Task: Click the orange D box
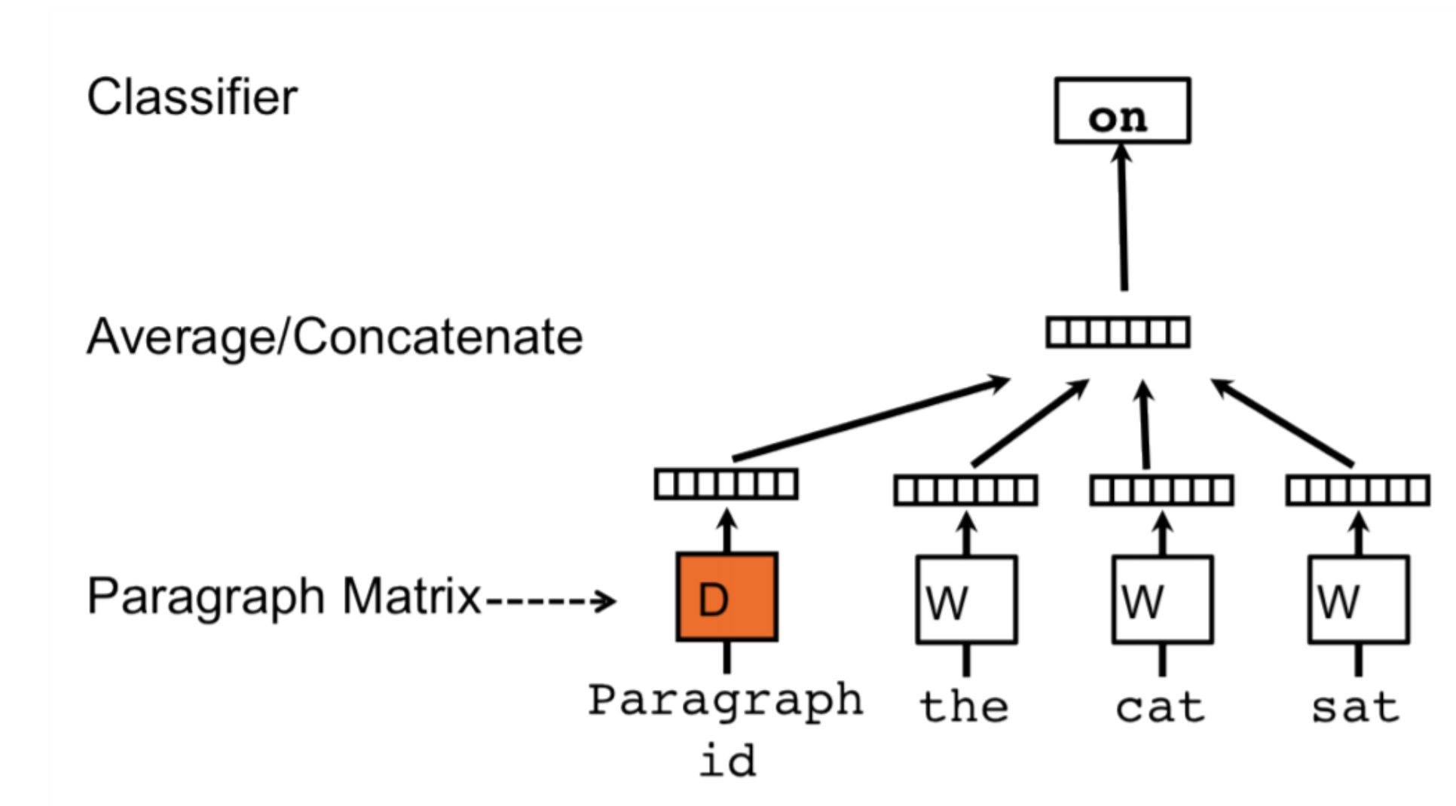[x=726, y=597]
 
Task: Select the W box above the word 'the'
[x=966, y=600]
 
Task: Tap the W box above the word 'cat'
[x=1162, y=600]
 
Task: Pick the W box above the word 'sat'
[x=1358, y=600]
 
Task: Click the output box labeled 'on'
[x=1122, y=111]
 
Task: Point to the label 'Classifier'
[x=192, y=98]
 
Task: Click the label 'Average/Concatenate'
[x=335, y=337]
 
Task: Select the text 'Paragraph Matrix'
[x=284, y=597]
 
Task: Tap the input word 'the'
[x=964, y=707]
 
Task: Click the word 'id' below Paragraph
[x=727, y=761]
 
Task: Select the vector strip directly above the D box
[x=726, y=484]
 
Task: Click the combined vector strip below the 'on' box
[x=1118, y=332]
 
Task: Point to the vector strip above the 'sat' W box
[x=1358, y=490]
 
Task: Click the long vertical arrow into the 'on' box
[x=1123, y=218]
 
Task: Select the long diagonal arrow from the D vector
[x=870, y=420]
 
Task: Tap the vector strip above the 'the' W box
[x=966, y=490]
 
